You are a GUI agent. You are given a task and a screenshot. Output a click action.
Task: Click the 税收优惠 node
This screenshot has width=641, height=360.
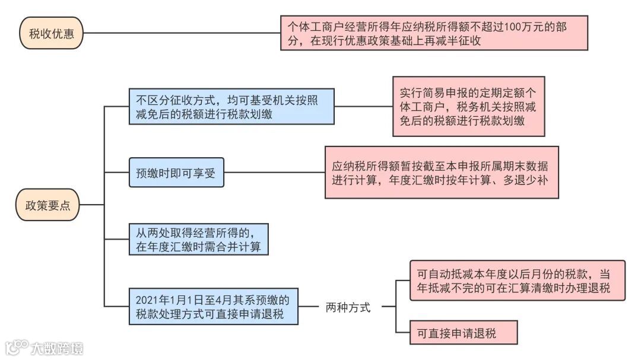[51, 33]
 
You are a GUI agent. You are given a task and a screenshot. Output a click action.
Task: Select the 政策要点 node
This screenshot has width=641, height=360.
[47, 205]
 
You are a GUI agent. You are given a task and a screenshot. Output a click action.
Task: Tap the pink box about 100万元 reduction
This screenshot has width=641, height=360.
[434, 33]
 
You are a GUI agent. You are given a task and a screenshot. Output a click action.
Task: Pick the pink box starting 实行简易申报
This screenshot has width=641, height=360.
[468, 107]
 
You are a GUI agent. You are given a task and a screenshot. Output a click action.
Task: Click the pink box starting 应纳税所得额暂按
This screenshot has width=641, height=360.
[442, 173]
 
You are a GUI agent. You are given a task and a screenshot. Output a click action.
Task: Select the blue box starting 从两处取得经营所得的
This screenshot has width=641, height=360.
[199, 238]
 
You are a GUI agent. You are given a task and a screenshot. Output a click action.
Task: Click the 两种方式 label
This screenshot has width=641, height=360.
[348, 307]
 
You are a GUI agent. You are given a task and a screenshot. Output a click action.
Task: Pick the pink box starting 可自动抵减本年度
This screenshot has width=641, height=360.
[517, 281]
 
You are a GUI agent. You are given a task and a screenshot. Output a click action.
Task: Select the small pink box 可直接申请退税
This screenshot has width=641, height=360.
[464, 333]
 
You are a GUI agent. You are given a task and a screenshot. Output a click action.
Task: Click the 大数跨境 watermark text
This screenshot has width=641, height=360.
[58, 348]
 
